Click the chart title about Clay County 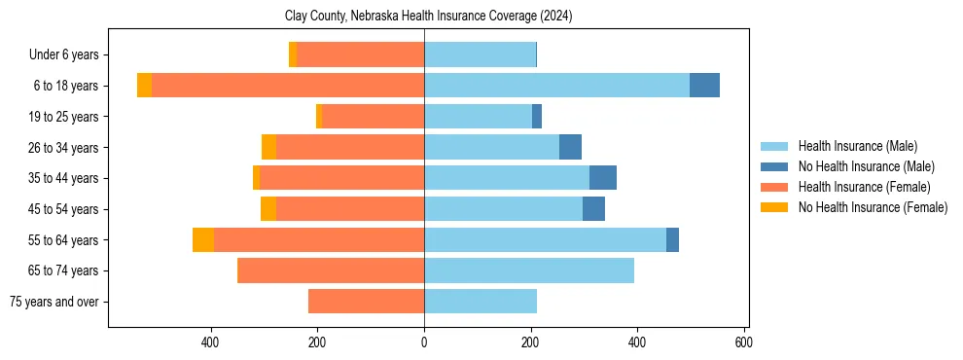pos(428,17)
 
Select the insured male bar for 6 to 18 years pos(556,86)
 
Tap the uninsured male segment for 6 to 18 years pos(704,86)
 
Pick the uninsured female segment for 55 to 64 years pos(203,239)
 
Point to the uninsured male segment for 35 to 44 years pos(603,178)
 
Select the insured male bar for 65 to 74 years pos(529,270)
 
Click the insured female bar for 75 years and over pos(366,302)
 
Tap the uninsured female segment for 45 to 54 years pos(268,209)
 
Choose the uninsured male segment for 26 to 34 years pos(570,147)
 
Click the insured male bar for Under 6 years pos(480,54)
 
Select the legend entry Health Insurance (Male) pos(856,146)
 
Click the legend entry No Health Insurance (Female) pos(872,207)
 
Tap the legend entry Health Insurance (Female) pos(864,187)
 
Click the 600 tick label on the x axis pos(743,342)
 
